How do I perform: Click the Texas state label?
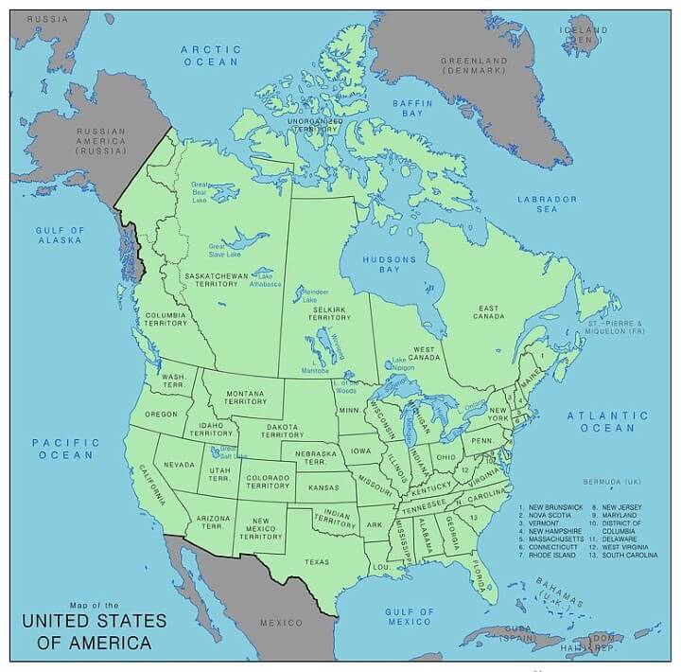pyautogui.click(x=318, y=562)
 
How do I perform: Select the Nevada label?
pyautogui.click(x=179, y=465)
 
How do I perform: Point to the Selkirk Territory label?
pyautogui.click(x=329, y=312)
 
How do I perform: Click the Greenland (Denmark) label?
pyautogui.click(x=476, y=66)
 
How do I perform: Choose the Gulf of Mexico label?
pyautogui.click(x=409, y=616)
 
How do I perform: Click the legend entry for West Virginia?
pyautogui.click(x=622, y=547)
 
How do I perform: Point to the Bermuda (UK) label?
pyautogui.click(x=613, y=481)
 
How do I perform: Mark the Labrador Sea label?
pyautogui.click(x=546, y=204)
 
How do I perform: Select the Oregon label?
pyautogui.click(x=161, y=415)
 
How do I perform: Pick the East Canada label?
pyautogui.click(x=488, y=313)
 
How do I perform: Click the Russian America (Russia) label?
pyautogui.click(x=101, y=140)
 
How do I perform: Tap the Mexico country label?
pyautogui.click(x=282, y=622)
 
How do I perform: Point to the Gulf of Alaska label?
pyautogui.click(x=60, y=235)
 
